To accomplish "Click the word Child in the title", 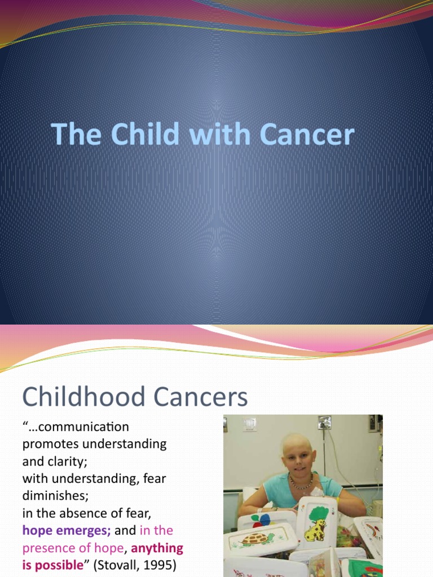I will (x=142, y=135).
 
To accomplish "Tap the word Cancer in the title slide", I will (x=307, y=135).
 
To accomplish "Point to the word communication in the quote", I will (x=81, y=427).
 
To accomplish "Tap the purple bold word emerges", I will (x=83, y=530).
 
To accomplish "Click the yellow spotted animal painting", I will (x=316, y=530).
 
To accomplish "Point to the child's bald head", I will (x=297, y=442).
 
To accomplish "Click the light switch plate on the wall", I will (x=249, y=424).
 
